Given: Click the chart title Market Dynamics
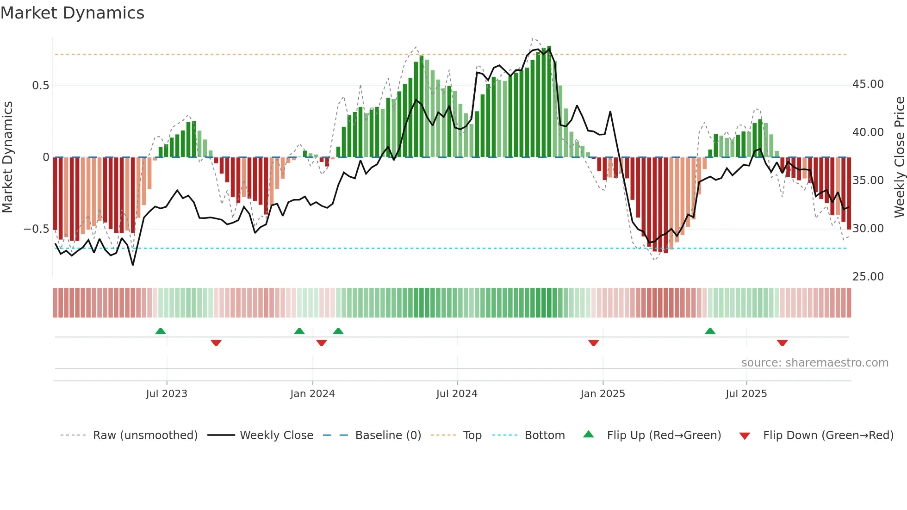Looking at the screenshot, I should coord(72,13).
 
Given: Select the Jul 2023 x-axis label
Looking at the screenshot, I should coord(167,394).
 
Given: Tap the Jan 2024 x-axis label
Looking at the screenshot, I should coord(312,394).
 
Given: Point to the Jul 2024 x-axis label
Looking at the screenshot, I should coord(457,394).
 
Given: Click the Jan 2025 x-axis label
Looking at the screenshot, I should coord(603,394).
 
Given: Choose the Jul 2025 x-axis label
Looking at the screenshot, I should coord(746,394).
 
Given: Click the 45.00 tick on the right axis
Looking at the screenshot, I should coord(868,84).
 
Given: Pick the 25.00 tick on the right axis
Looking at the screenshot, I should coord(868,277).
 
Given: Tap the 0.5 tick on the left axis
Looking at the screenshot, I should coord(40,86).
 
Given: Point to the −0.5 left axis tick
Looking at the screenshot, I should coord(36,229).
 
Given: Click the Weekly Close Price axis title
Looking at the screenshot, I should coord(899,157).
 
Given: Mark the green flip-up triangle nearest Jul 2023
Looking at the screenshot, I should coord(161,331).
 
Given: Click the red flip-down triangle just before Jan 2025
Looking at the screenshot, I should coord(593,343).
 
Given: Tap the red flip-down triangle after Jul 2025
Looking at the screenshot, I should coord(782,343).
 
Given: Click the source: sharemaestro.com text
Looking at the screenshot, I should coord(814,363).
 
